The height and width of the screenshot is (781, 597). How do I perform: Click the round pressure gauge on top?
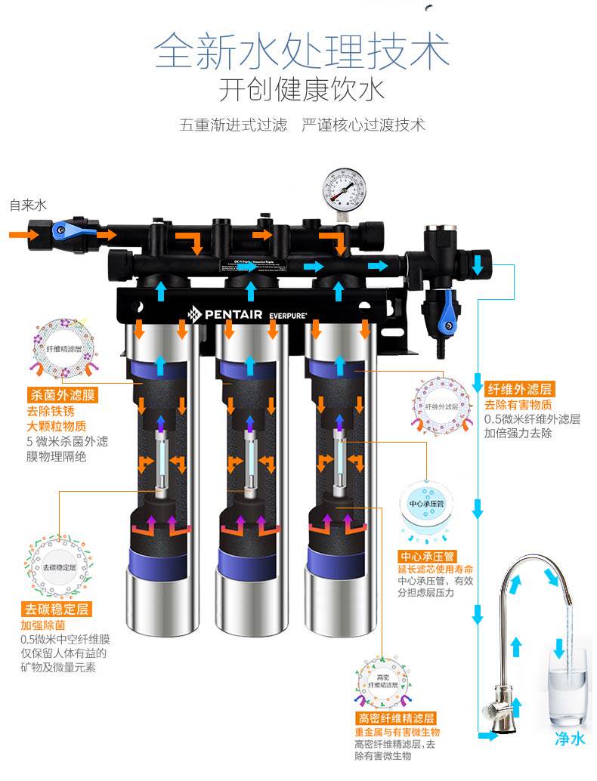[344, 187]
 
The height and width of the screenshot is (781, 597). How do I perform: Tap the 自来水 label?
[28, 205]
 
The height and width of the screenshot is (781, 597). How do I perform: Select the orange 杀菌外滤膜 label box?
[63, 394]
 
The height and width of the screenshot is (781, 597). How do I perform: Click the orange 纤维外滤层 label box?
[519, 390]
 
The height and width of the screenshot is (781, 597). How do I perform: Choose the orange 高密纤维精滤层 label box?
[397, 718]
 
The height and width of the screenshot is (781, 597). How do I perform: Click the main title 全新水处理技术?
[302, 51]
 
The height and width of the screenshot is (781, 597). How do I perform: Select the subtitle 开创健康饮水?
[302, 90]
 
